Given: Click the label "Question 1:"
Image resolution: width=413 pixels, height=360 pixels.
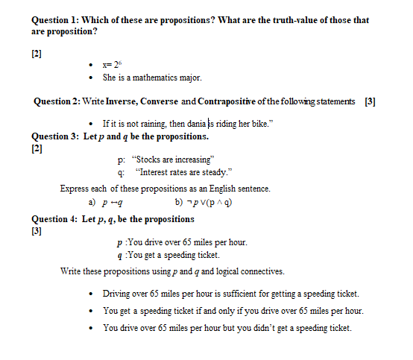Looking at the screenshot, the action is (x=55, y=20).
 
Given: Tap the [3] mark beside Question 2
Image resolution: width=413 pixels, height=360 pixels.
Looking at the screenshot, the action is (x=370, y=101).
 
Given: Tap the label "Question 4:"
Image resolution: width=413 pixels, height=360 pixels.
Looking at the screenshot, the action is (x=54, y=219).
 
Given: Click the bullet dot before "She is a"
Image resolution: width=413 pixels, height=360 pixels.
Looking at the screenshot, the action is (x=90, y=78).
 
